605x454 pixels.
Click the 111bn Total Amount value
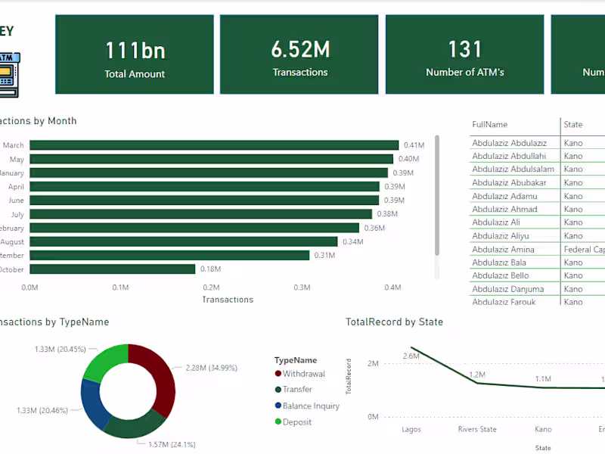coord(135,51)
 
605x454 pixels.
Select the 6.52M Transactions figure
coord(300,50)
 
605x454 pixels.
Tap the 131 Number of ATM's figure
coord(464,50)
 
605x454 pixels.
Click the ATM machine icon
coord(8,75)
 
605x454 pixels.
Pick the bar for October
coord(113,269)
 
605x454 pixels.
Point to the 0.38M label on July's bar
coord(387,214)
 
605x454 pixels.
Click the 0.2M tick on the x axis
coord(211,288)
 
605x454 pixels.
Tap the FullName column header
coord(489,124)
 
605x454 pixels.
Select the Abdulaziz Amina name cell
coord(503,250)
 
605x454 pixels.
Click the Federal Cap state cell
coord(584,250)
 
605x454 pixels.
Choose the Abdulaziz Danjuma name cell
coord(507,289)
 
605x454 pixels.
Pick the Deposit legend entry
coord(296,422)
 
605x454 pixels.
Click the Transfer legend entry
coord(296,390)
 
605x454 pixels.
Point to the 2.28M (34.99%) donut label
coord(211,368)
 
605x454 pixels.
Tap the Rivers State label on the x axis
coord(477,430)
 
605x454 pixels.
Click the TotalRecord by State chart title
coord(394,322)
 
